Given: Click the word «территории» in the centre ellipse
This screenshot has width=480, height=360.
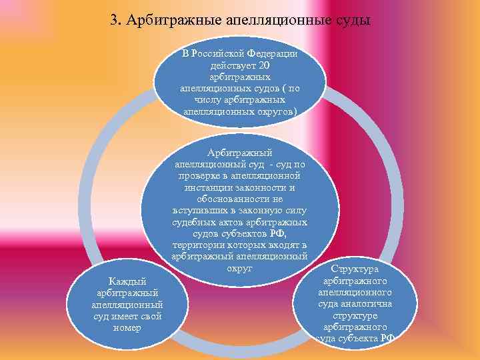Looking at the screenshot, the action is [x=195, y=245].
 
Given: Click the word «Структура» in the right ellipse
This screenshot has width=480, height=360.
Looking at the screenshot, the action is [x=355, y=269].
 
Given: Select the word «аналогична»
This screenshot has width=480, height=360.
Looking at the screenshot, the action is [x=369, y=304].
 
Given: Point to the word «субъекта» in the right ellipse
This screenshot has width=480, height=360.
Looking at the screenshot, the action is [x=357, y=339].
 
